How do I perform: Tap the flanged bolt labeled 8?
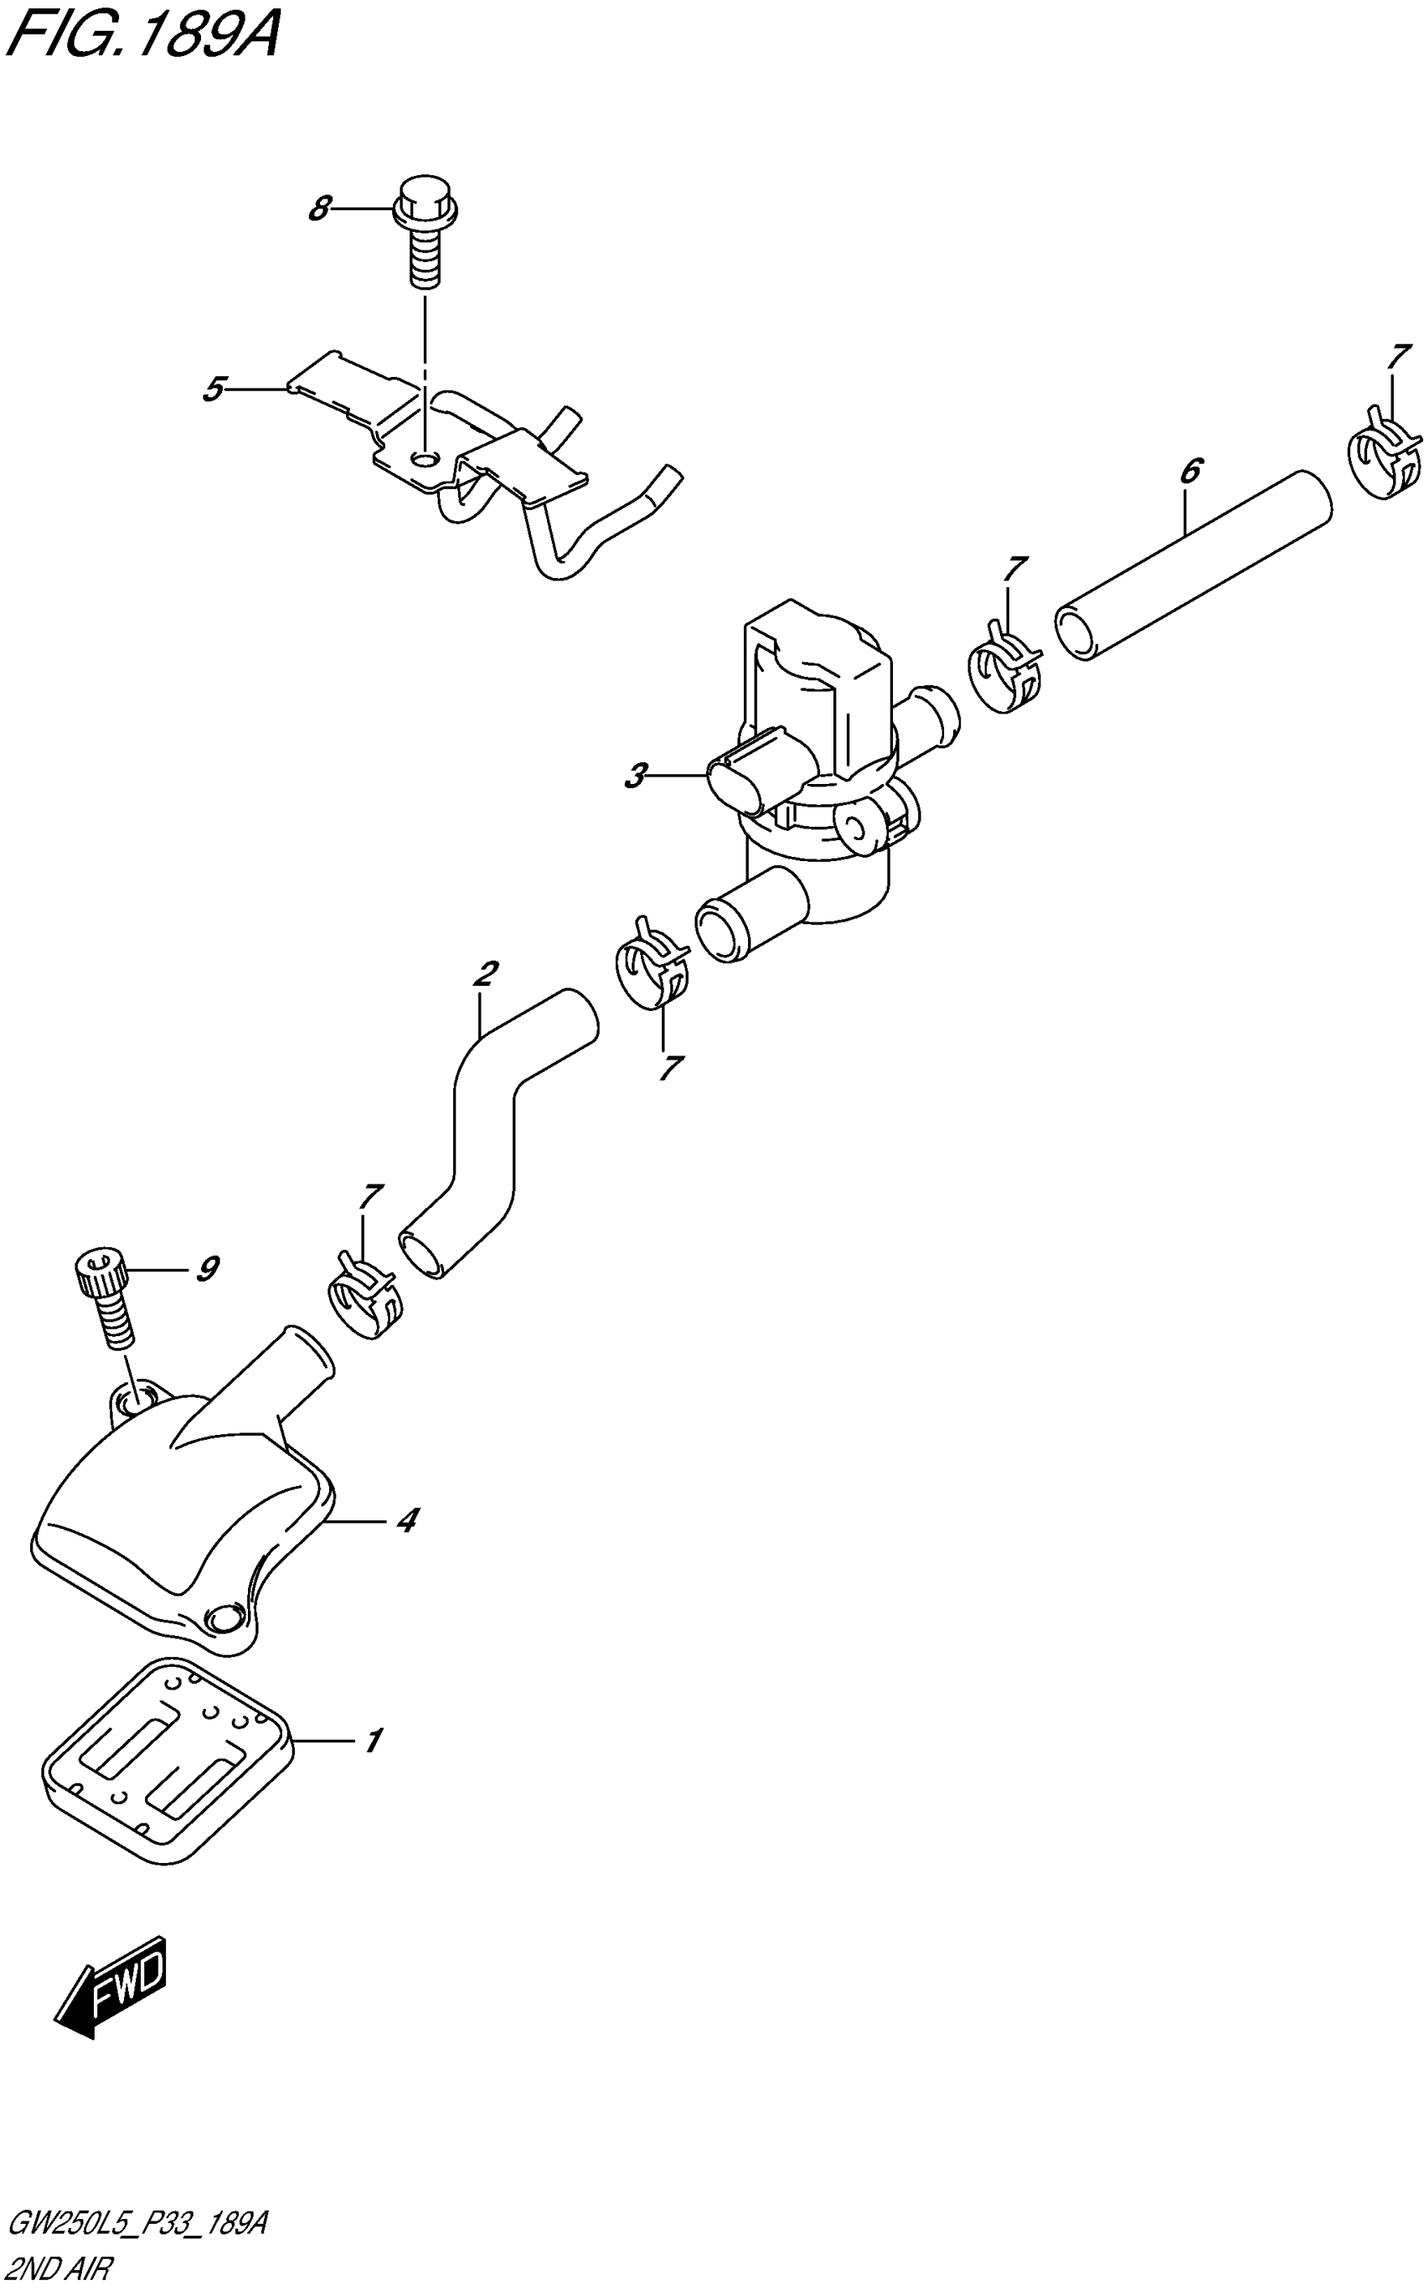tap(425, 230)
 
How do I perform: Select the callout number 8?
tap(320, 208)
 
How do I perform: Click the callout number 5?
tap(214, 388)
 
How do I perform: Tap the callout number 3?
tap(636, 777)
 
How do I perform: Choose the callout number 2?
tap(486, 973)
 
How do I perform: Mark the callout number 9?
tap(207, 1270)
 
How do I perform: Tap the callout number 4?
tap(406, 1519)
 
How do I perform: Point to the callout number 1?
tap(374, 1741)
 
